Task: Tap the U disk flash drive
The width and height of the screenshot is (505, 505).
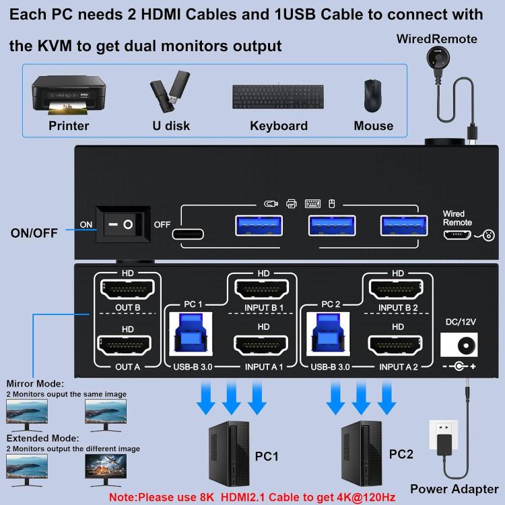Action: click(x=164, y=94)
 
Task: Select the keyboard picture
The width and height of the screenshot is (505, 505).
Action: click(x=278, y=96)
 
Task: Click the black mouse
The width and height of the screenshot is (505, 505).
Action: click(x=372, y=96)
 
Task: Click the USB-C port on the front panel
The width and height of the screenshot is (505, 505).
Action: click(x=190, y=233)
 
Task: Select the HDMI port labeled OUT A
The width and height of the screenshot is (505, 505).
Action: click(x=127, y=347)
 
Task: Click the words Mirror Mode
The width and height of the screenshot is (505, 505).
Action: click(x=35, y=383)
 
